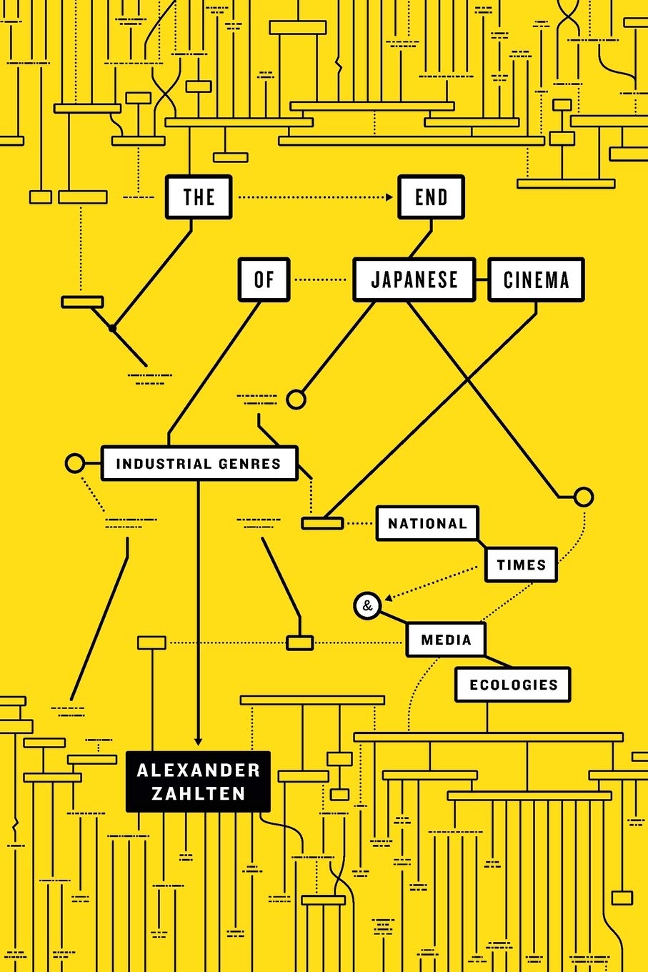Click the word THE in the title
point(199,197)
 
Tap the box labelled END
point(431,197)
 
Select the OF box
point(264,279)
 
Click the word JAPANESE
point(414,279)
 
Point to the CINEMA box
point(536,279)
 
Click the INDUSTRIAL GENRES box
point(199,463)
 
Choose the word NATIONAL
point(427,523)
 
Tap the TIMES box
point(521,565)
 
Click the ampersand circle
point(367,605)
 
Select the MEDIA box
point(446,640)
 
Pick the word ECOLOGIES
point(514,685)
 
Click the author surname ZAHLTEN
point(199,793)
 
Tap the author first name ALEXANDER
point(199,770)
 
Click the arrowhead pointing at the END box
point(389,197)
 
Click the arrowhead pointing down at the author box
point(198,742)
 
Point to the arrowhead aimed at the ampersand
point(388,598)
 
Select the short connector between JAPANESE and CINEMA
point(482,279)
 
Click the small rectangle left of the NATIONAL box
point(322,523)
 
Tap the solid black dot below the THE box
point(112,329)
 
